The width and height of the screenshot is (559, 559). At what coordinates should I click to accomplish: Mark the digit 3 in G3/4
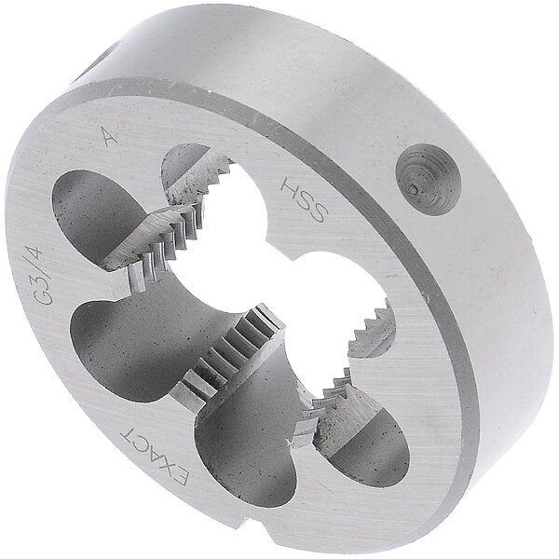pyautogui.click(x=69, y=284)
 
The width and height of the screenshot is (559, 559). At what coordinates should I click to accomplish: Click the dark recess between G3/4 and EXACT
pyautogui.click(x=121, y=354)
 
